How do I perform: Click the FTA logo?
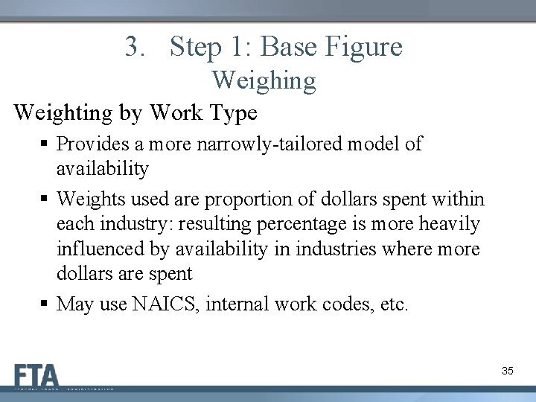click(x=36, y=374)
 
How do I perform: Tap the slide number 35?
click(x=508, y=370)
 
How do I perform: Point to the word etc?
click(x=392, y=304)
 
